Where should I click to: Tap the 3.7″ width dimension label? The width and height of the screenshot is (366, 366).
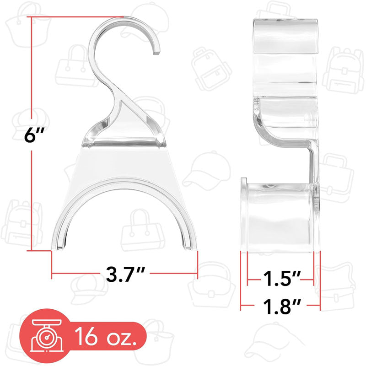pos(125,274)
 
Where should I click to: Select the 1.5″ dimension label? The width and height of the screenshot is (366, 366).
pos(280,279)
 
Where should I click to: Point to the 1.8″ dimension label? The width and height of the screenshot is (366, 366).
pos(281,306)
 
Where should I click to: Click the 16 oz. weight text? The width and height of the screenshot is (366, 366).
pos(106,336)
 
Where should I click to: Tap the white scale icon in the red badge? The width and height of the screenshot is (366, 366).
pos(47,336)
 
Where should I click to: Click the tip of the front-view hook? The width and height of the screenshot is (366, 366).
pos(156,53)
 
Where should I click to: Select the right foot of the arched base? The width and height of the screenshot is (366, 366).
pos(190,247)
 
